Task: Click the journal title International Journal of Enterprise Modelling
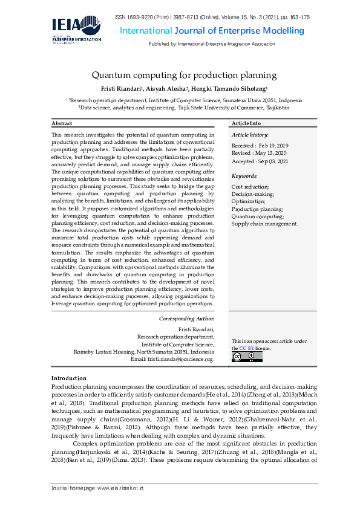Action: [212, 31]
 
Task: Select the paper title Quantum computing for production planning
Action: [184, 76]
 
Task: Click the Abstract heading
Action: [62, 123]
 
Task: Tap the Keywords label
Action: [244, 176]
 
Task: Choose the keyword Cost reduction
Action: [250, 187]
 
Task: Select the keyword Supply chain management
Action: [264, 223]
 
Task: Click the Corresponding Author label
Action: [186, 318]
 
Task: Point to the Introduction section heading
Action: [68, 378]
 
